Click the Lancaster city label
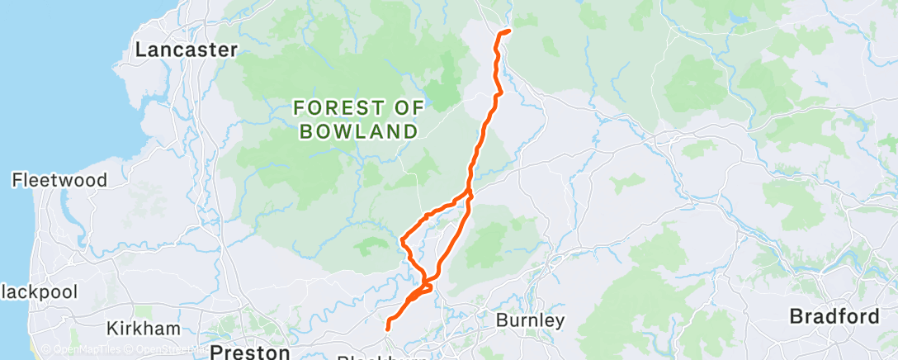point(186,50)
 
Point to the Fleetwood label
point(59,180)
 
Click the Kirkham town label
point(143,329)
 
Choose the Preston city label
point(249,353)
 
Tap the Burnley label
point(530,320)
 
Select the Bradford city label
point(836,316)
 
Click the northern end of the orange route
point(508,31)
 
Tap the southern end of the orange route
point(388,330)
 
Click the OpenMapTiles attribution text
point(78,349)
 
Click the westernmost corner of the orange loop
point(401,240)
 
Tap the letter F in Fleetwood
point(17,180)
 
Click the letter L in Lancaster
point(141,50)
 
